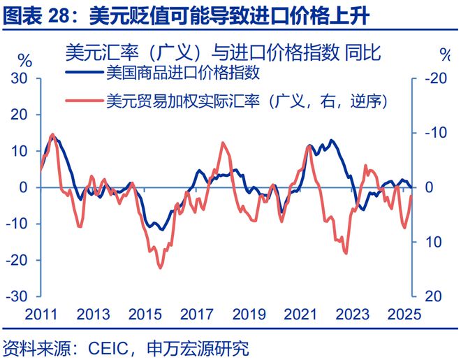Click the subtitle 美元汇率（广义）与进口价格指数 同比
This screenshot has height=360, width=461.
pyautogui.click(x=223, y=53)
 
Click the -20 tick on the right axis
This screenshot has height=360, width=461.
pyautogui.click(x=435, y=79)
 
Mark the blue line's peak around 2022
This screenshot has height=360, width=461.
pyautogui.click(x=332, y=141)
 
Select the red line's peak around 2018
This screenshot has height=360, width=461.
pyautogui.click(x=223, y=143)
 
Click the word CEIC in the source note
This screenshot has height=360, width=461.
pyautogui.click(x=103, y=347)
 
